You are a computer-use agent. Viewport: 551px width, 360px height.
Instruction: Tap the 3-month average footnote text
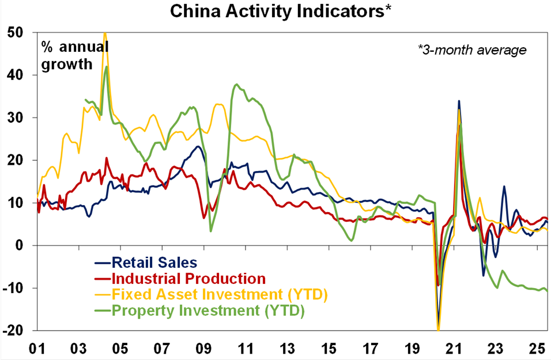471,50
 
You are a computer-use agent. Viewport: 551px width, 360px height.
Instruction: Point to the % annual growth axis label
74,54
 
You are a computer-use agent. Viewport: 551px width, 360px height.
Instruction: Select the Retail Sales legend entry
154,263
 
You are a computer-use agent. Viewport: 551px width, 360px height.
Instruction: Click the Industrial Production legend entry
188,279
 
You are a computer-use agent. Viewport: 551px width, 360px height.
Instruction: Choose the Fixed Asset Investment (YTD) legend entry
220,295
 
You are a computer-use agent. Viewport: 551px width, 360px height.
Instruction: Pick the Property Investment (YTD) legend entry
207,310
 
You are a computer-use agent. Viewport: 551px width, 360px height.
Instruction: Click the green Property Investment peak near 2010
237,85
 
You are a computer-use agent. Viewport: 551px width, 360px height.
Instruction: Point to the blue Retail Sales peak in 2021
459,101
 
